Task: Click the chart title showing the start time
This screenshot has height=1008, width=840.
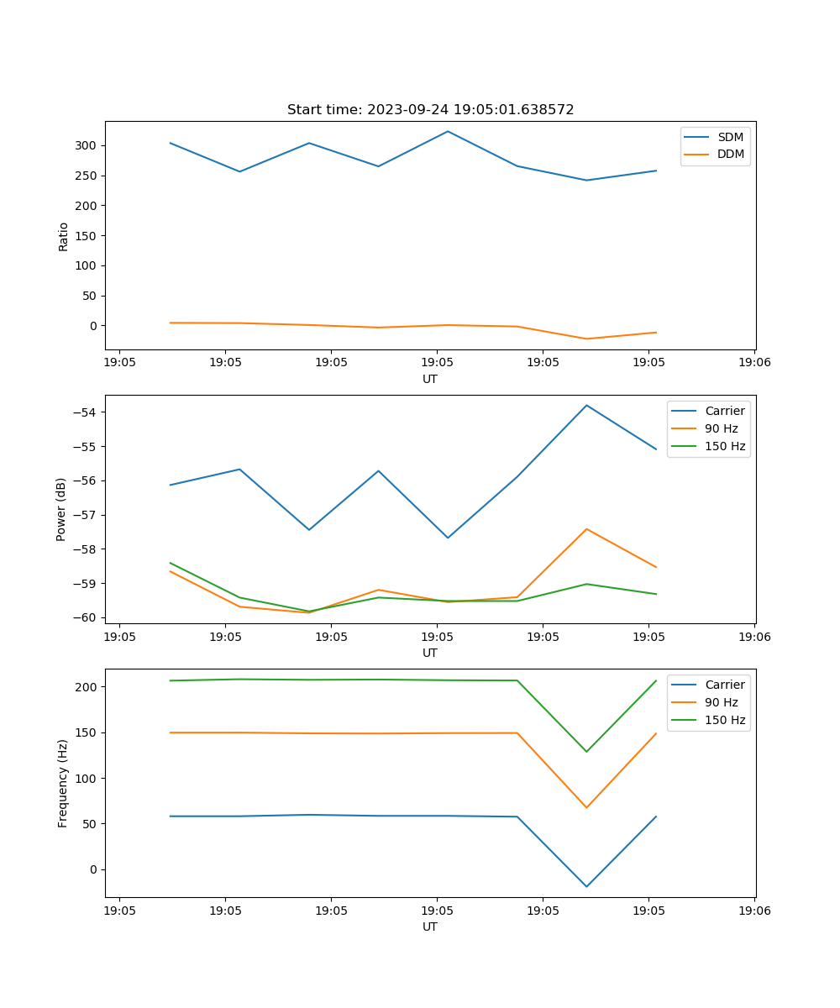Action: [430, 110]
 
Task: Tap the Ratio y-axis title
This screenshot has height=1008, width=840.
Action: [64, 235]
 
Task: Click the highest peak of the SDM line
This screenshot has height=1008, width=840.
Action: [448, 131]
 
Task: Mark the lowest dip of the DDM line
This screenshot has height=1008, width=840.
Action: [586, 339]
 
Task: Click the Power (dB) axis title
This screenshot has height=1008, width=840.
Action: [61, 509]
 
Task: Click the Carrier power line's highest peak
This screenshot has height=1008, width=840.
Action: [586, 405]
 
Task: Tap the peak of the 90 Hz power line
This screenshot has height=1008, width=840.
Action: [586, 528]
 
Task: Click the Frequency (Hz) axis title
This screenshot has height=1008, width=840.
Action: [63, 783]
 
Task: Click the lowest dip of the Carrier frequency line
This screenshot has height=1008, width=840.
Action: [586, 886]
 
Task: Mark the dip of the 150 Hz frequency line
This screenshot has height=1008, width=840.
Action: [586, 751]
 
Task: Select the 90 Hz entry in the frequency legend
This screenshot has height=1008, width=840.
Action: [722, 702]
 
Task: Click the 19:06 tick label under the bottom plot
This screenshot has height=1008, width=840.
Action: [753, 911]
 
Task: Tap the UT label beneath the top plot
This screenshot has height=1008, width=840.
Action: [430, 379]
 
